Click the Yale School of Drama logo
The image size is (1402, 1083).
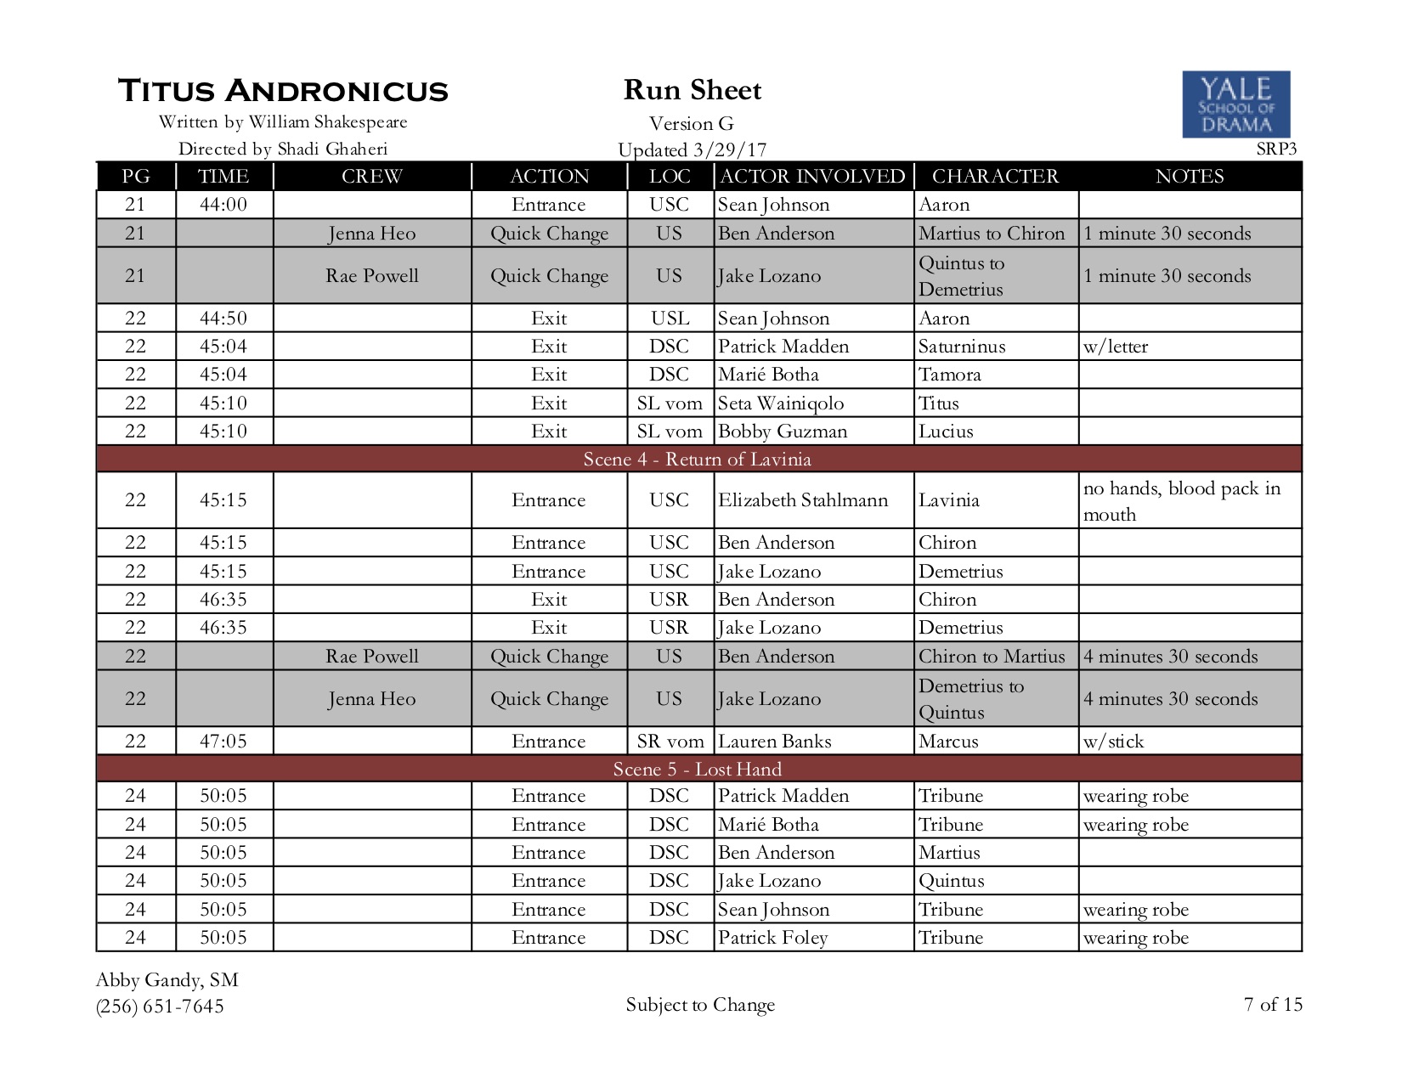[x=1235, y=104]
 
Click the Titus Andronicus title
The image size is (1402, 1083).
[x=283, y=91]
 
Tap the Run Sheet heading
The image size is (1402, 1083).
[x=693, y=90]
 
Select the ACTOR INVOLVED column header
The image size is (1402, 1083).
[x=812, y=176]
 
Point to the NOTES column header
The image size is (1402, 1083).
[x=1189, y=176]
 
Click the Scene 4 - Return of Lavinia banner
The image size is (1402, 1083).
[x=698, y=460]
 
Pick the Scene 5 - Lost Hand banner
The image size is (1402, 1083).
[x=698, y=770]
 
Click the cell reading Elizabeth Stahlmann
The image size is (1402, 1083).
[x=803, y=500]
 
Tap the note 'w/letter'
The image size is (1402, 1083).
[x=1116, y=347]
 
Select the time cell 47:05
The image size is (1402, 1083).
[x=223, y=742]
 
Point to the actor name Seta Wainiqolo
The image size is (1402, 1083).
[x=781, y=403]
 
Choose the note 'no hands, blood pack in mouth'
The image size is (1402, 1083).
[x=1181, y=501]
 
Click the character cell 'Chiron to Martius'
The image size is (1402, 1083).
[x=992, y=657]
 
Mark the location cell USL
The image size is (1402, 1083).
[x=670, y=319]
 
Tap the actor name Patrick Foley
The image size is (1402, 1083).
[x=772, y=938]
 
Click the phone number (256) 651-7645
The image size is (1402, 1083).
[x=160, y=1007]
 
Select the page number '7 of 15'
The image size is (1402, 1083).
[x=1273, y=1005]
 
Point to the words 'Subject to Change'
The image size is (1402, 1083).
[x=700, y=1005]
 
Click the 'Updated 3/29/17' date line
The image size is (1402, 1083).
[x=692, y=150]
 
